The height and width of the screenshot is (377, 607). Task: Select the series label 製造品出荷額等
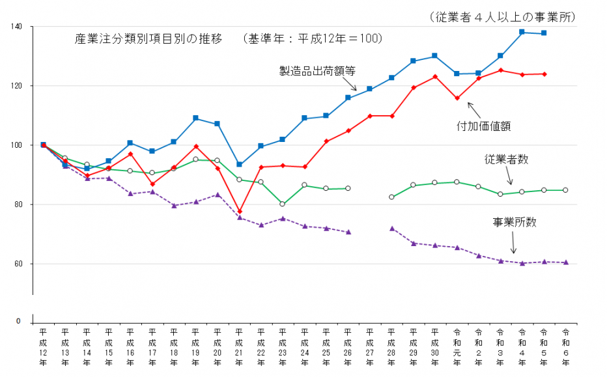tap(317, 71)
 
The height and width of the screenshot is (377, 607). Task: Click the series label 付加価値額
tap(483, 126)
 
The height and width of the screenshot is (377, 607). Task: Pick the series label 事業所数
tap(514, 222)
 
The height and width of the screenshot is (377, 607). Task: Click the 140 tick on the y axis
tap(16, 27)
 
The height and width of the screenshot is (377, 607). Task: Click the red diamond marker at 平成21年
tap(239, 212)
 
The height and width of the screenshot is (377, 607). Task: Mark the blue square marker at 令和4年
tap(522, 32)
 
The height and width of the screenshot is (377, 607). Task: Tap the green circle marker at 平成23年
tap(283, 204)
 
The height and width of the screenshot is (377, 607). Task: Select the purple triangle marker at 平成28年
tap(391, 229)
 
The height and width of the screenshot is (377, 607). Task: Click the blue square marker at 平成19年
tap(195, 118)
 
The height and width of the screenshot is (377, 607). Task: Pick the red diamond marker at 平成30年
tap(435, 77)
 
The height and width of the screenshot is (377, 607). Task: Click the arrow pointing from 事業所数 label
tap(513, 244)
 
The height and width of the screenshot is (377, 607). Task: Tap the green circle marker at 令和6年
tap(565, 190)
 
